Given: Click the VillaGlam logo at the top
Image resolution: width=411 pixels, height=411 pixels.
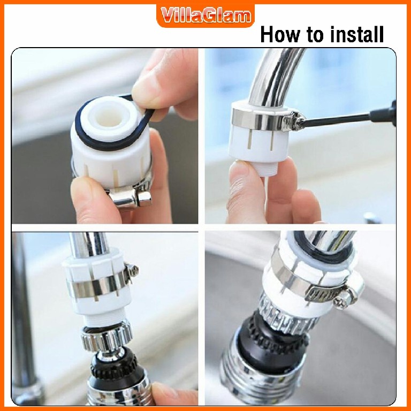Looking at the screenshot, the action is (205, 15).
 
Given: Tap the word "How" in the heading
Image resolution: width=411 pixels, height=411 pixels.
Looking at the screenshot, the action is (279, 34).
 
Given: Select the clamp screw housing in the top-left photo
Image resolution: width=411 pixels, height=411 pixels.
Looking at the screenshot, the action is (130, 198).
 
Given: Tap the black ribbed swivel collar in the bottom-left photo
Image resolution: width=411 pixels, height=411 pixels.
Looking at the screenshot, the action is (115, 366).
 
